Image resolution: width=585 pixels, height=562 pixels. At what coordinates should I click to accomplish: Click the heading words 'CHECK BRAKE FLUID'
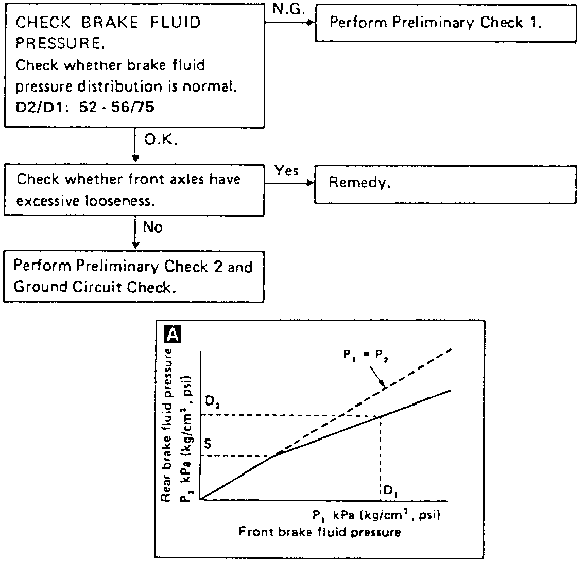tap(109, 24)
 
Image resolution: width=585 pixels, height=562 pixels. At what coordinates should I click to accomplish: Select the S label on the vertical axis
tap(209, 442)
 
